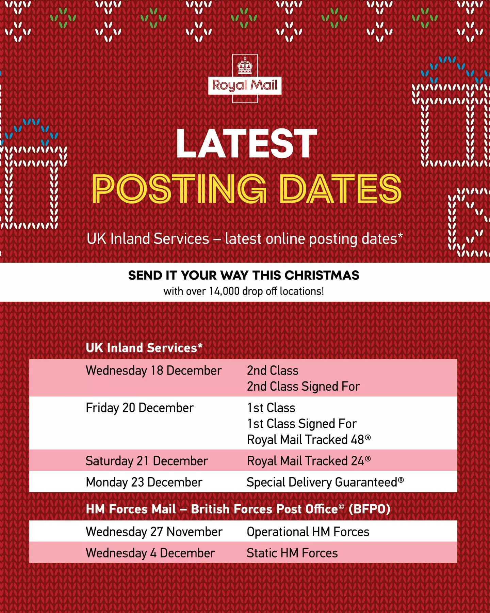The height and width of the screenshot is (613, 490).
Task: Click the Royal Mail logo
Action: click(245, 85)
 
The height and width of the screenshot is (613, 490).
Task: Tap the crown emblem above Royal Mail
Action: click(245, 66)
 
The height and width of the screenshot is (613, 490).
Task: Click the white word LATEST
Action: click(246, 144)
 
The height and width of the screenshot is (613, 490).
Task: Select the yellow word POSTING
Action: click(179, 189)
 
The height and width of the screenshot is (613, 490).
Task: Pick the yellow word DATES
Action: click(340, 189)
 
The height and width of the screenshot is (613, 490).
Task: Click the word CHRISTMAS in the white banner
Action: click(322, 275)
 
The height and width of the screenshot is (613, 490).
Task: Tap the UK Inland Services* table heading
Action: click(144, 348)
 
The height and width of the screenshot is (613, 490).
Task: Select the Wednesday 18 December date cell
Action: click(153, 371)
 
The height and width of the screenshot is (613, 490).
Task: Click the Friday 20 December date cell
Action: click(140, 408)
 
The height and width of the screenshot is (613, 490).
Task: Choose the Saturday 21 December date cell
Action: click(147, 461)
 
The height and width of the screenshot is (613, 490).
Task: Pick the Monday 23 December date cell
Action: click(144, 482)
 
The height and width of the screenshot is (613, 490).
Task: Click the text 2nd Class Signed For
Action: click(303, 387)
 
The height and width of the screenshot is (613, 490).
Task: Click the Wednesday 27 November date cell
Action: click(154, 532)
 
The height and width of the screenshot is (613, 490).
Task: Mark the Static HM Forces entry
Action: click(292, 553)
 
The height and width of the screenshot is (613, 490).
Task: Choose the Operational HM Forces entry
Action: click(308, 532)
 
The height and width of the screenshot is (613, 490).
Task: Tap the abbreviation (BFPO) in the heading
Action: click(369, 509)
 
